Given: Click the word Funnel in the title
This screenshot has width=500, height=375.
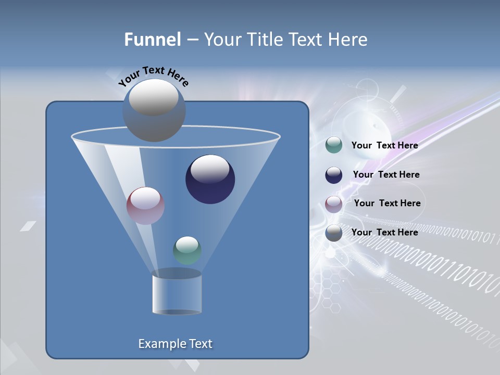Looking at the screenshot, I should tap(152, 40).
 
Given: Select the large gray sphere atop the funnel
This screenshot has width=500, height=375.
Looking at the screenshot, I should tap(154, 110).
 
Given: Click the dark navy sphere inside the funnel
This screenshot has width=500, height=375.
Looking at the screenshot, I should tap(210, 180).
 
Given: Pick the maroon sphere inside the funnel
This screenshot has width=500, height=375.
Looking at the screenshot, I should tap(145, 206).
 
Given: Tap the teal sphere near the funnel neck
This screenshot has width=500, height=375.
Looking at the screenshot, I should tap(187, 251).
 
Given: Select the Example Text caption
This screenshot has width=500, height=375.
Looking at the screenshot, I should tap(175, 344).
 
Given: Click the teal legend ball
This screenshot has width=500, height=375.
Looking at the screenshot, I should tap(334, 145).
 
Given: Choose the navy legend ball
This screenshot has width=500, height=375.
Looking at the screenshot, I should tap(334, 175).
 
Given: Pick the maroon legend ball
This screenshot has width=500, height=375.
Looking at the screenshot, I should tap(334, 204).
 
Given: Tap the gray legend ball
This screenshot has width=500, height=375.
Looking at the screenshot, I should tap(334, 233).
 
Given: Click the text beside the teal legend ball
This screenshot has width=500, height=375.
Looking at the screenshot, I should tap(384, 146).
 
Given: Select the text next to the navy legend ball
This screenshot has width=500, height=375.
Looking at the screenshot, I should tap(386, 175).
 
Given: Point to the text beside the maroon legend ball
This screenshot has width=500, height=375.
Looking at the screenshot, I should tap(387, 204).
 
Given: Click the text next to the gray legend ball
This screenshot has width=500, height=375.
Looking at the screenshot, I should tap(384, 232).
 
